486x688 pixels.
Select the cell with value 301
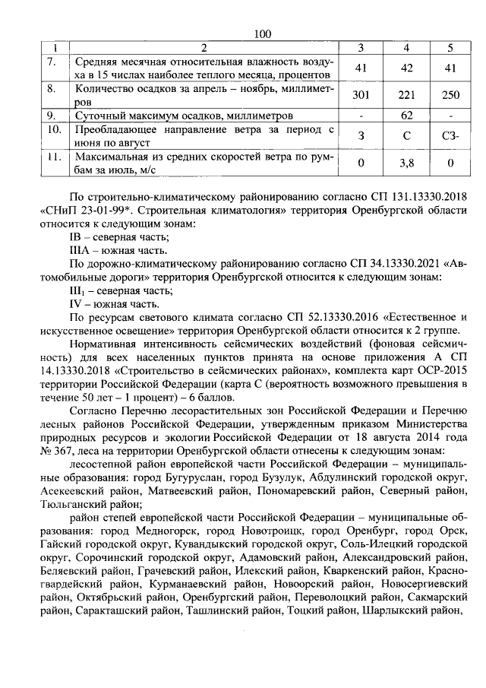(x=361, y=95)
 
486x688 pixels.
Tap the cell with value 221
(x=407, y=95)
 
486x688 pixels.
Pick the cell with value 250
(x=451, y=95)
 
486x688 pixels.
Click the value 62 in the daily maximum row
(x=407, y=116)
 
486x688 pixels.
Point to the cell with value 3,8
(x=407, y=163)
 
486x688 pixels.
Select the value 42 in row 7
(x=407, y=68)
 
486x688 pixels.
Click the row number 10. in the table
(x=52, y=130)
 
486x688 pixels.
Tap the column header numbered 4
(x=407, y=48)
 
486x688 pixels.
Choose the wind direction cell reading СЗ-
(x=451, y=137)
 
